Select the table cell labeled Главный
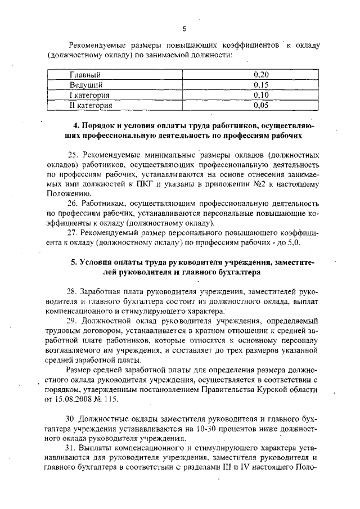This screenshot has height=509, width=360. (85, 74)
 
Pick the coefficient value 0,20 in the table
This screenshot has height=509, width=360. (261, 74)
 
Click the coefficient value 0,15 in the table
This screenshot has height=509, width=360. (261, 84)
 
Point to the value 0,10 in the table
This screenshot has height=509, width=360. (261, 94)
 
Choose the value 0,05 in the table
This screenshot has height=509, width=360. (261, 105)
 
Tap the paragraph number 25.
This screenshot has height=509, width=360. (73, 155)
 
